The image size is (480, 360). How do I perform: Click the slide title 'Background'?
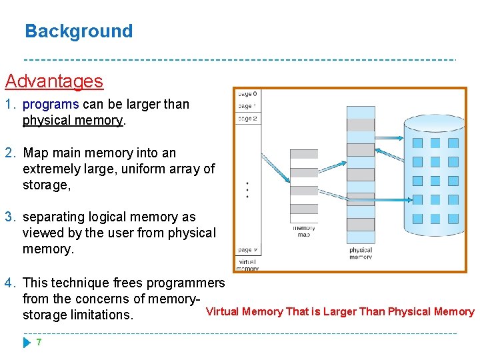pyautogui.click(x=79, y=31)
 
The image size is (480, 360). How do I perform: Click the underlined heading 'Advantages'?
pyautogui.click(x=54, y=81)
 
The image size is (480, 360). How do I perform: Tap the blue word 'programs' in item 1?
pyautogui.click(x=51, y=105)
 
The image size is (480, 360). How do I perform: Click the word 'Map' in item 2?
pyautogui.click(x=35, y=153)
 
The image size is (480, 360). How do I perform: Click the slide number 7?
pyautogui.click(x=39, y=342)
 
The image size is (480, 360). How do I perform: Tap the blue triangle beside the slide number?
pyautogui.click(x=26, y=343)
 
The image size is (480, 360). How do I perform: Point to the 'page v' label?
pyautogui.click(x=246, y=250)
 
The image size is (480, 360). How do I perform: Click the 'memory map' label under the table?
pyautogui.click(x=304, y=231)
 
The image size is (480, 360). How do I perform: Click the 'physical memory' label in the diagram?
pyautogui.click(x=361, y=253)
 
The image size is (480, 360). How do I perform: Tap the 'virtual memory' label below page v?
pyautogui.click(x=247, y=265)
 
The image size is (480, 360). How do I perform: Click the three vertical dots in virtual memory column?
pyautogui.click(x=247, y=190)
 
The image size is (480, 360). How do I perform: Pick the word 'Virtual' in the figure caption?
pyautogui.click(x=223, y=311)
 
